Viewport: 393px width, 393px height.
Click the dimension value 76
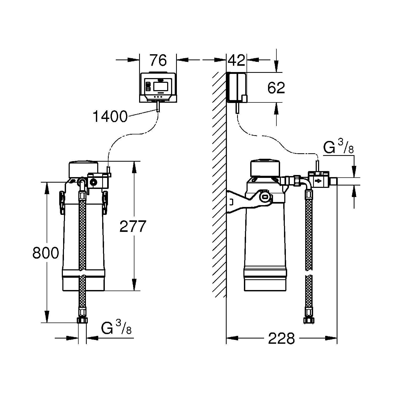tap(158, 61)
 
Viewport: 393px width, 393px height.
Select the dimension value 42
tap(236, 61)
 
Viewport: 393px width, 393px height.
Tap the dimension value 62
tap(276, 88)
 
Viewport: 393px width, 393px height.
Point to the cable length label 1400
tap(110, 117)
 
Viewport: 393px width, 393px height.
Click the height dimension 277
tap(133, 227)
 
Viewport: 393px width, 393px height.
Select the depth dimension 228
tap(281, 339)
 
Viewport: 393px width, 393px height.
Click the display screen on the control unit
tap(160, 86)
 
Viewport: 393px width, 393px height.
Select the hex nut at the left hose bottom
tap(82, 320)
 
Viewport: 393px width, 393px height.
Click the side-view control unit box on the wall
tap(237, 87)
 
